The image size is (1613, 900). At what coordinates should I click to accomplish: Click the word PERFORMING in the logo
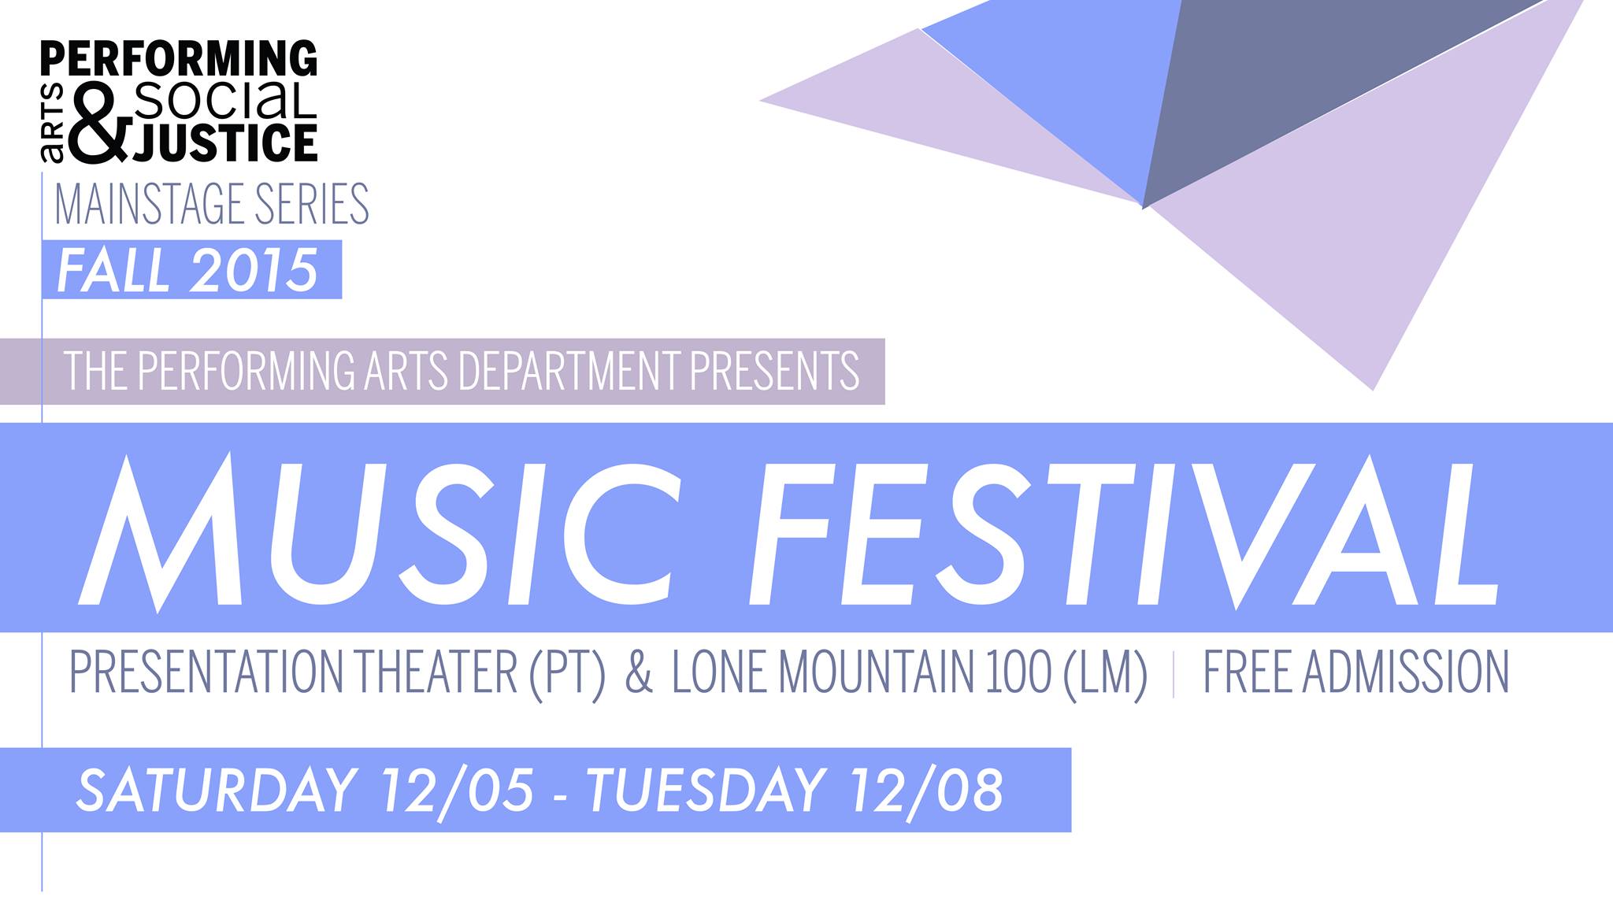pyautogui.click(x=179, y=59)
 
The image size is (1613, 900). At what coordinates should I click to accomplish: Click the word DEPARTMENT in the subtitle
pyautogui.click(x=569, y=370)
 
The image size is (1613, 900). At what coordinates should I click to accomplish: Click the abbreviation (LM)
pyautogui.click(x=1105, y=672)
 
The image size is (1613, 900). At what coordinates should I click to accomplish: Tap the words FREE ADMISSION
pyautogui.click(x=1355, y=672)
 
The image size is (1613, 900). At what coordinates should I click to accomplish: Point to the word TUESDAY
pyautogui.click(x=706, y=789)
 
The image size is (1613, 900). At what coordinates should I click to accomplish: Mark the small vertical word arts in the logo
pyautogui.click(x=54, y=125)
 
